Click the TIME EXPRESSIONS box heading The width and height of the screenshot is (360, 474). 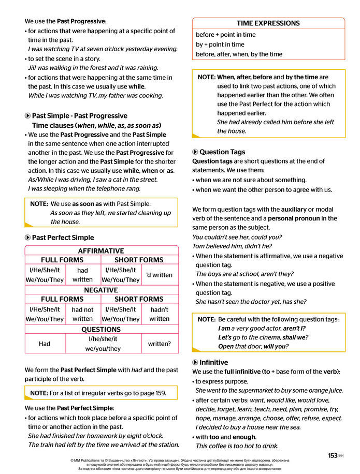268,23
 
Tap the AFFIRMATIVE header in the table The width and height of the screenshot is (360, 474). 101,250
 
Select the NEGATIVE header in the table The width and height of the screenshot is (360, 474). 101,290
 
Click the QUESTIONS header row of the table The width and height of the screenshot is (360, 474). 101,329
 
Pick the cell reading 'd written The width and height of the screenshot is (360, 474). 159,275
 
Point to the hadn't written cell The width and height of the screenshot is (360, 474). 159,314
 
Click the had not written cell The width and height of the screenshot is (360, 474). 82,314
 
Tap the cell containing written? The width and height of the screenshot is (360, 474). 159,344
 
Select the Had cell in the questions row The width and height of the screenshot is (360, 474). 45,344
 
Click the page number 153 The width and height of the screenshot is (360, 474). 333,456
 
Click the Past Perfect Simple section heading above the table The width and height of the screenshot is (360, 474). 63,238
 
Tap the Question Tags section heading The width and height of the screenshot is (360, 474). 222,152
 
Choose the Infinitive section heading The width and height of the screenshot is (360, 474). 213,362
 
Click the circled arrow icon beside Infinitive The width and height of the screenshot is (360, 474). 195,362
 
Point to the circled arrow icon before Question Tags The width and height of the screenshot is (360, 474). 195,152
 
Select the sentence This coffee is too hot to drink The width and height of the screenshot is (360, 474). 237,446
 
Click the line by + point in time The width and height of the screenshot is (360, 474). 220,45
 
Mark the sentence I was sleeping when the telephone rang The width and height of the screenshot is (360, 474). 84,188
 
